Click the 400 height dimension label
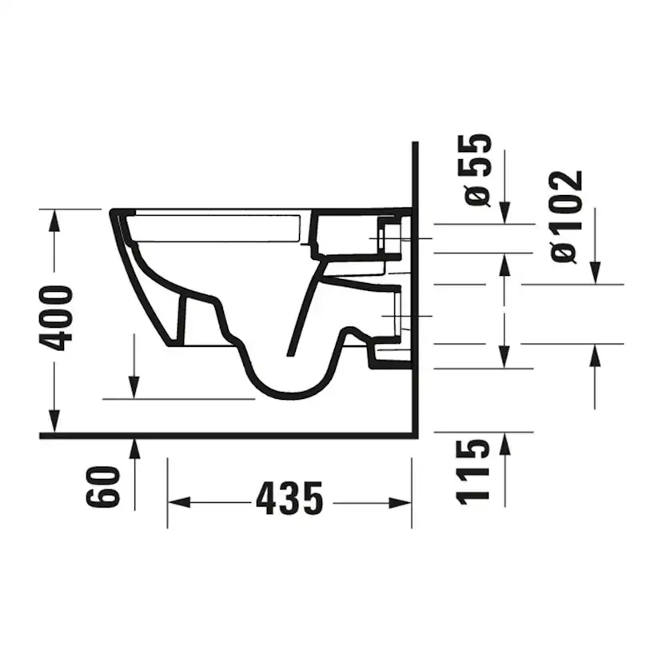(58, 317)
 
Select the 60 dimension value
(104, 487)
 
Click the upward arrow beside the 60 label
(134, 449)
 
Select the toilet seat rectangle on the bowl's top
(216, 228)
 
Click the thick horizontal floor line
(224, 437)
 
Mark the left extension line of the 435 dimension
(167, 492)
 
